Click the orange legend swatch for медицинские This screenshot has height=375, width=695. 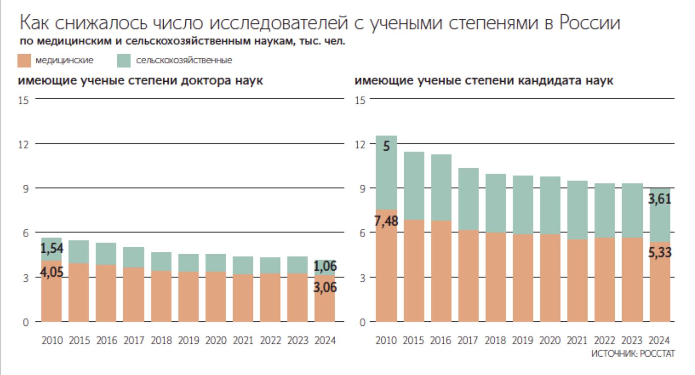(24, 60)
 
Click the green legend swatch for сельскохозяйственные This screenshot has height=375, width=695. (124, 60)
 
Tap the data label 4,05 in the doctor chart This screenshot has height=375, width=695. (52, 272)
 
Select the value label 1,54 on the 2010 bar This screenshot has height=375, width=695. (52, 249)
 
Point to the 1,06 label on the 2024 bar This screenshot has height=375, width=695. (325, 266)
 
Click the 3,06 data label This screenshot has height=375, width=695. (325, 287)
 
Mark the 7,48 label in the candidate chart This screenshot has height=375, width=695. (386, 221)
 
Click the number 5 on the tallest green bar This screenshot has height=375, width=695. (386, 146)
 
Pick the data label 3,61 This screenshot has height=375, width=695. (660, 199)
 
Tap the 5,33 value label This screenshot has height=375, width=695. (660, 252)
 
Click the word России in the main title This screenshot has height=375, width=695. (589, 23)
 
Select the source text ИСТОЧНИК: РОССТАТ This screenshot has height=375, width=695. (633, 354)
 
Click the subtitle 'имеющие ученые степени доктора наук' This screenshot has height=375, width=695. (140, 81)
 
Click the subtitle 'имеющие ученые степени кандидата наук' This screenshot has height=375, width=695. (484, 81)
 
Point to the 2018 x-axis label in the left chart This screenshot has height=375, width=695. (161, 340)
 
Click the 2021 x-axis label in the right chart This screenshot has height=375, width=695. (577, 340)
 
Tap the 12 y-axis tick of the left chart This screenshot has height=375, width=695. (23, 144)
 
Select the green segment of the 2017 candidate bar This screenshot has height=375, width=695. (468, 199)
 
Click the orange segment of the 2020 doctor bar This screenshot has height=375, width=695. (215, 297)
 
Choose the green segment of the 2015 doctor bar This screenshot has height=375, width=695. (79, 252)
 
